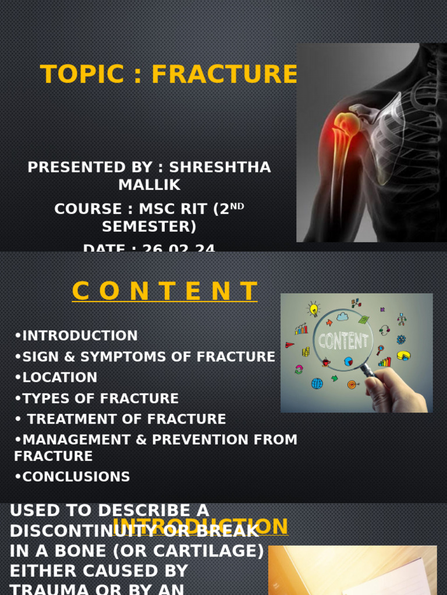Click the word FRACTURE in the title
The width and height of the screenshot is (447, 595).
[225, 75]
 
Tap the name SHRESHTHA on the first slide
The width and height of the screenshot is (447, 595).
[220, 167]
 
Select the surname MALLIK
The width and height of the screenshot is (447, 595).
[150, 185]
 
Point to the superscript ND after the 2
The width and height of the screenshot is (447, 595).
[237, 206]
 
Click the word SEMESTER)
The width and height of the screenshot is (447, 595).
[150, 226]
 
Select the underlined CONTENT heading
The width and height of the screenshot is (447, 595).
[165, 291]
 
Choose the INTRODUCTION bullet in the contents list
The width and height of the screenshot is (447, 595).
[76, 336]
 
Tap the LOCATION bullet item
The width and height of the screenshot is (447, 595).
[56, 378]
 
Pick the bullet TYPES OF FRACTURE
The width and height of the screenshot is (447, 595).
[97, 399]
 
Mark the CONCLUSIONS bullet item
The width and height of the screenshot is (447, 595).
[73, 477]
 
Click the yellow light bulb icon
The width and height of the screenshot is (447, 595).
[314, 309]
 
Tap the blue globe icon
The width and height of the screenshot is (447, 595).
[317, 383]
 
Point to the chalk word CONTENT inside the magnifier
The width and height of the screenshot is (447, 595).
[343, 340]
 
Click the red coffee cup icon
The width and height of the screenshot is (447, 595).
[326, 362]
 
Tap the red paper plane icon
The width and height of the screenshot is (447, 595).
[290, 345]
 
